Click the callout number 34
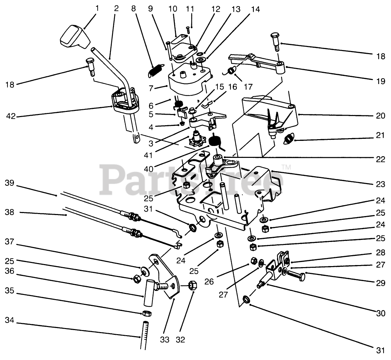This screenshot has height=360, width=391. click(x=9, y=320)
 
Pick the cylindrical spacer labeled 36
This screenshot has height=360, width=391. click(x=149, y=292)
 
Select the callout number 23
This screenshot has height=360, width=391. click(x=380, y=184)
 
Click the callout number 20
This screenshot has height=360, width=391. click(x=380, y=115)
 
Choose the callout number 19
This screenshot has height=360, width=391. click(x=380, y=81)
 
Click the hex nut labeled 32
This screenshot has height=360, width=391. click(x=193, y=285)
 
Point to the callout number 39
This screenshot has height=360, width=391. click(x=10, y=183)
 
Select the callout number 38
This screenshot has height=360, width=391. click(x=10, y=212)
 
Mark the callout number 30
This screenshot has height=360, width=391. click(x=380, y=313)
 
